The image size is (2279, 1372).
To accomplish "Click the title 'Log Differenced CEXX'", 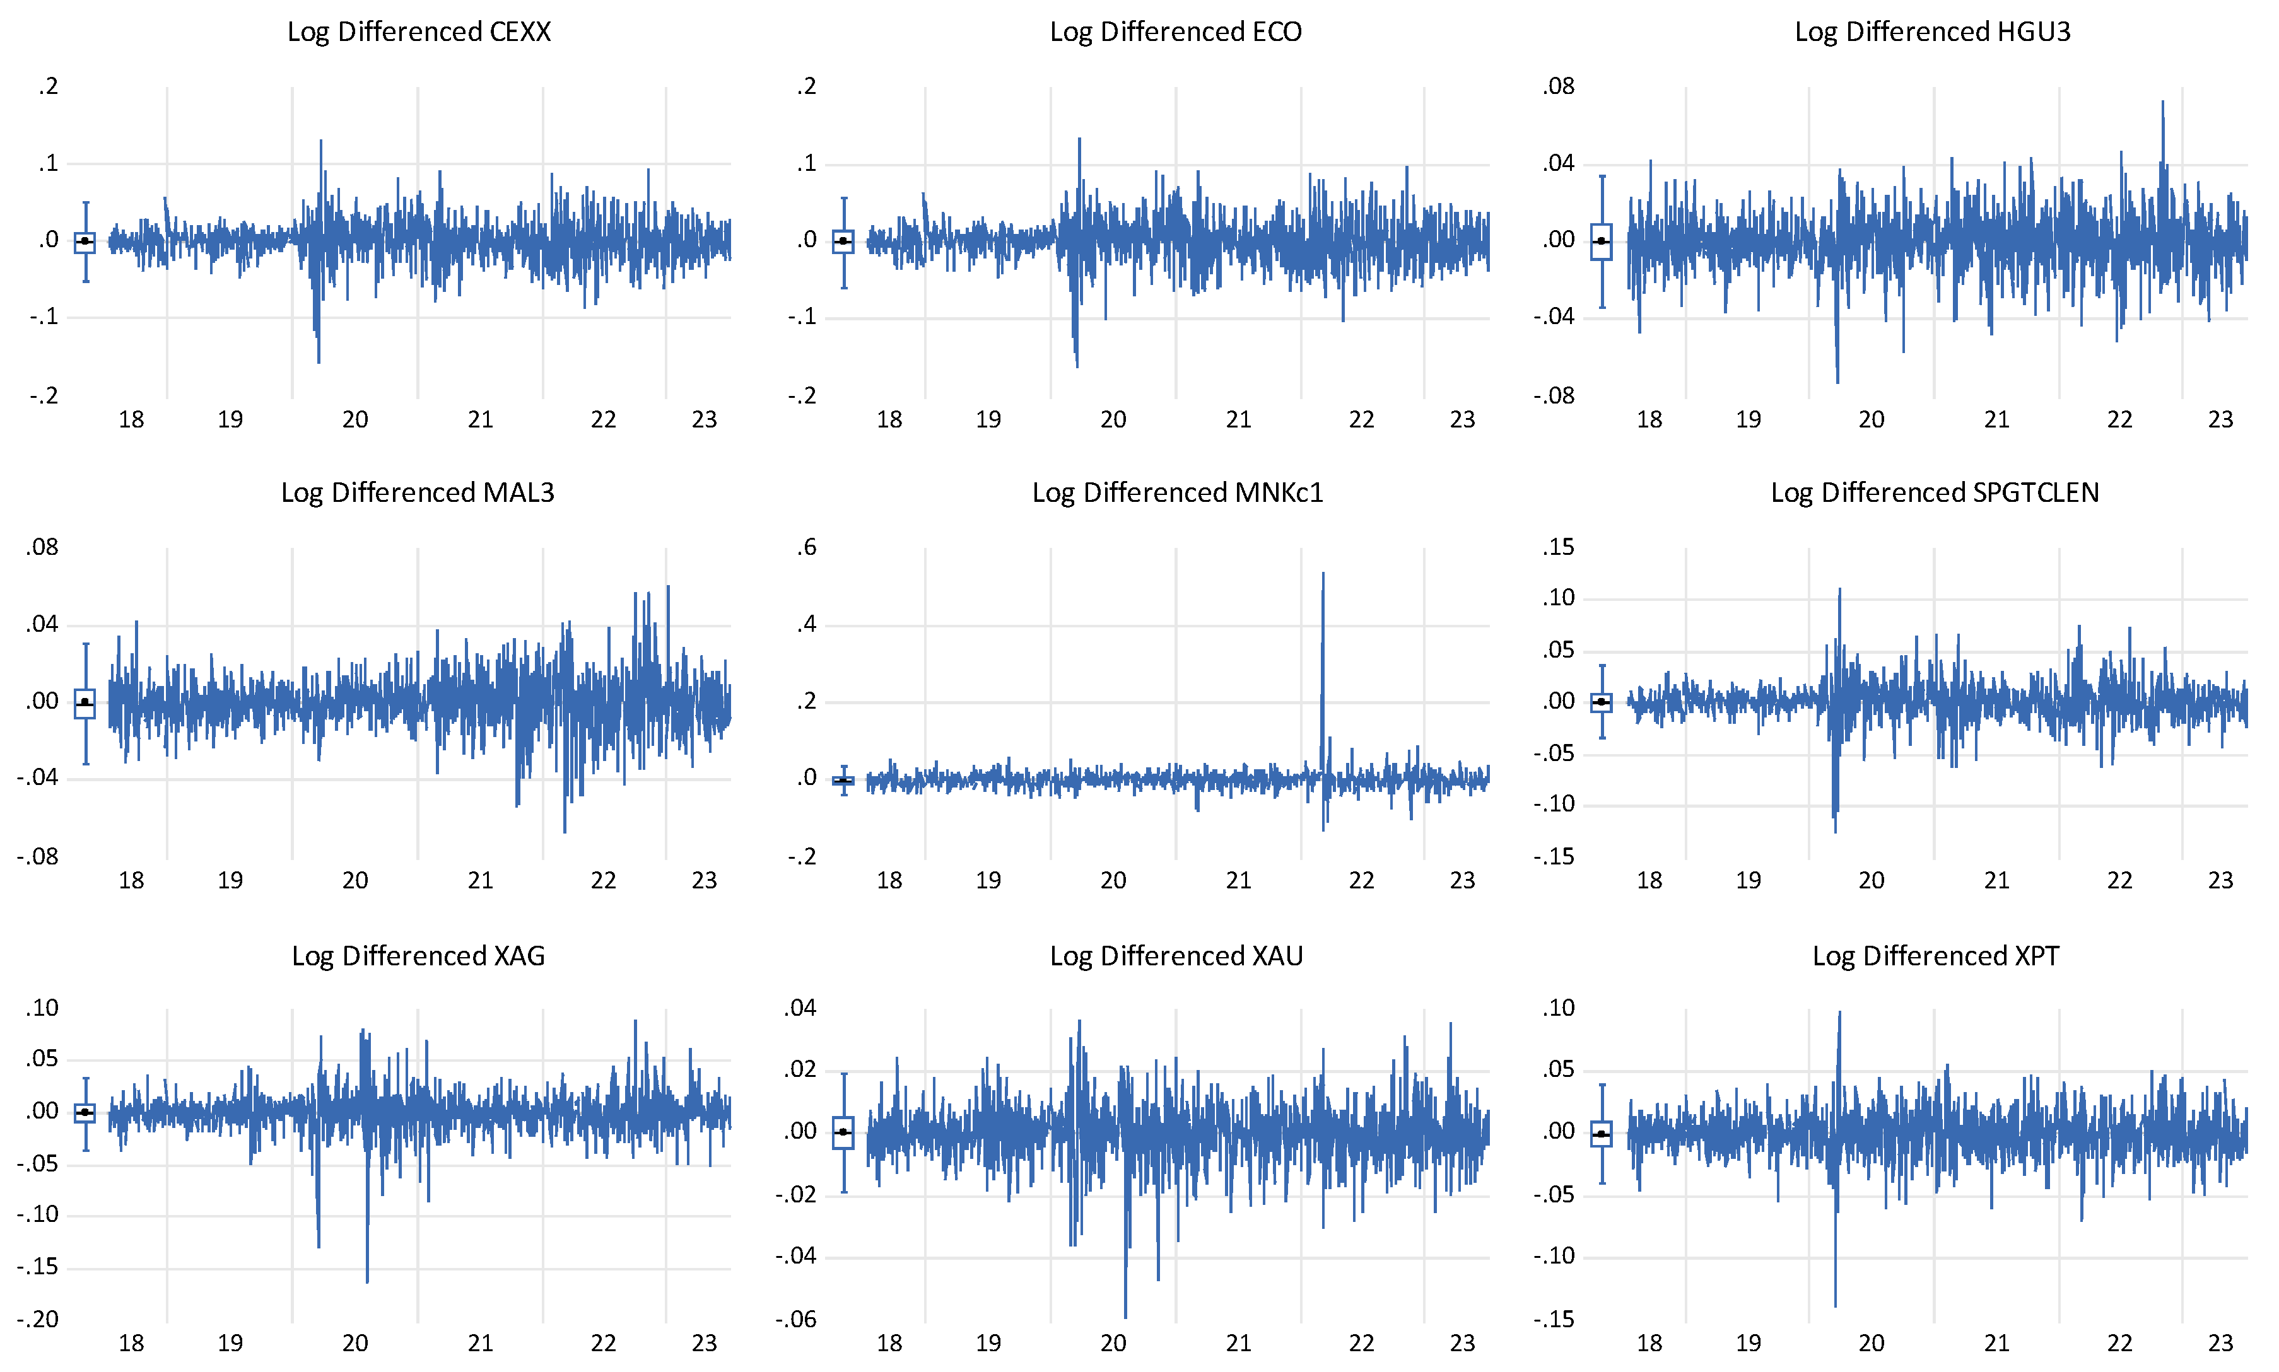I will pyautogui.click(x=419, y=32).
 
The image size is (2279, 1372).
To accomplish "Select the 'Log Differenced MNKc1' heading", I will pyautogui.click(x=1178, y=493).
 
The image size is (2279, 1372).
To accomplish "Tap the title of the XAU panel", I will pyautogui.click(x=1176, y=955).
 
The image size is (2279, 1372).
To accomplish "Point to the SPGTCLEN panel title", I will pyautogui.click(x=1935, y=493).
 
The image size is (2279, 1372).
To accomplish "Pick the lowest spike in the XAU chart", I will pyautogui.click(x=1126, y=1315).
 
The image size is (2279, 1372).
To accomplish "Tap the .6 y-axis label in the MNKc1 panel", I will pyautogui.click(x=807, y=547).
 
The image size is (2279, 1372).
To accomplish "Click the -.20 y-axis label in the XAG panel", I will pyautogui.click(x=38, y=1319).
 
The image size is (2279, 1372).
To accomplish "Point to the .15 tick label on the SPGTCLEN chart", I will pyautogui.click(x=1559, y=547).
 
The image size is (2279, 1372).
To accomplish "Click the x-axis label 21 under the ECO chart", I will pyautogui.click(x=1238, y=420).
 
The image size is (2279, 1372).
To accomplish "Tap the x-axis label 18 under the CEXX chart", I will pyautogui.click(x=131, y=420).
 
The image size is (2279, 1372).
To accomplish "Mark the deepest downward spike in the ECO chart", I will pyautogui.click(x=1077, y=365).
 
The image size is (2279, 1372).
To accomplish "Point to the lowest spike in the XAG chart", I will pyautogui.click(x=367, y=1281).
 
